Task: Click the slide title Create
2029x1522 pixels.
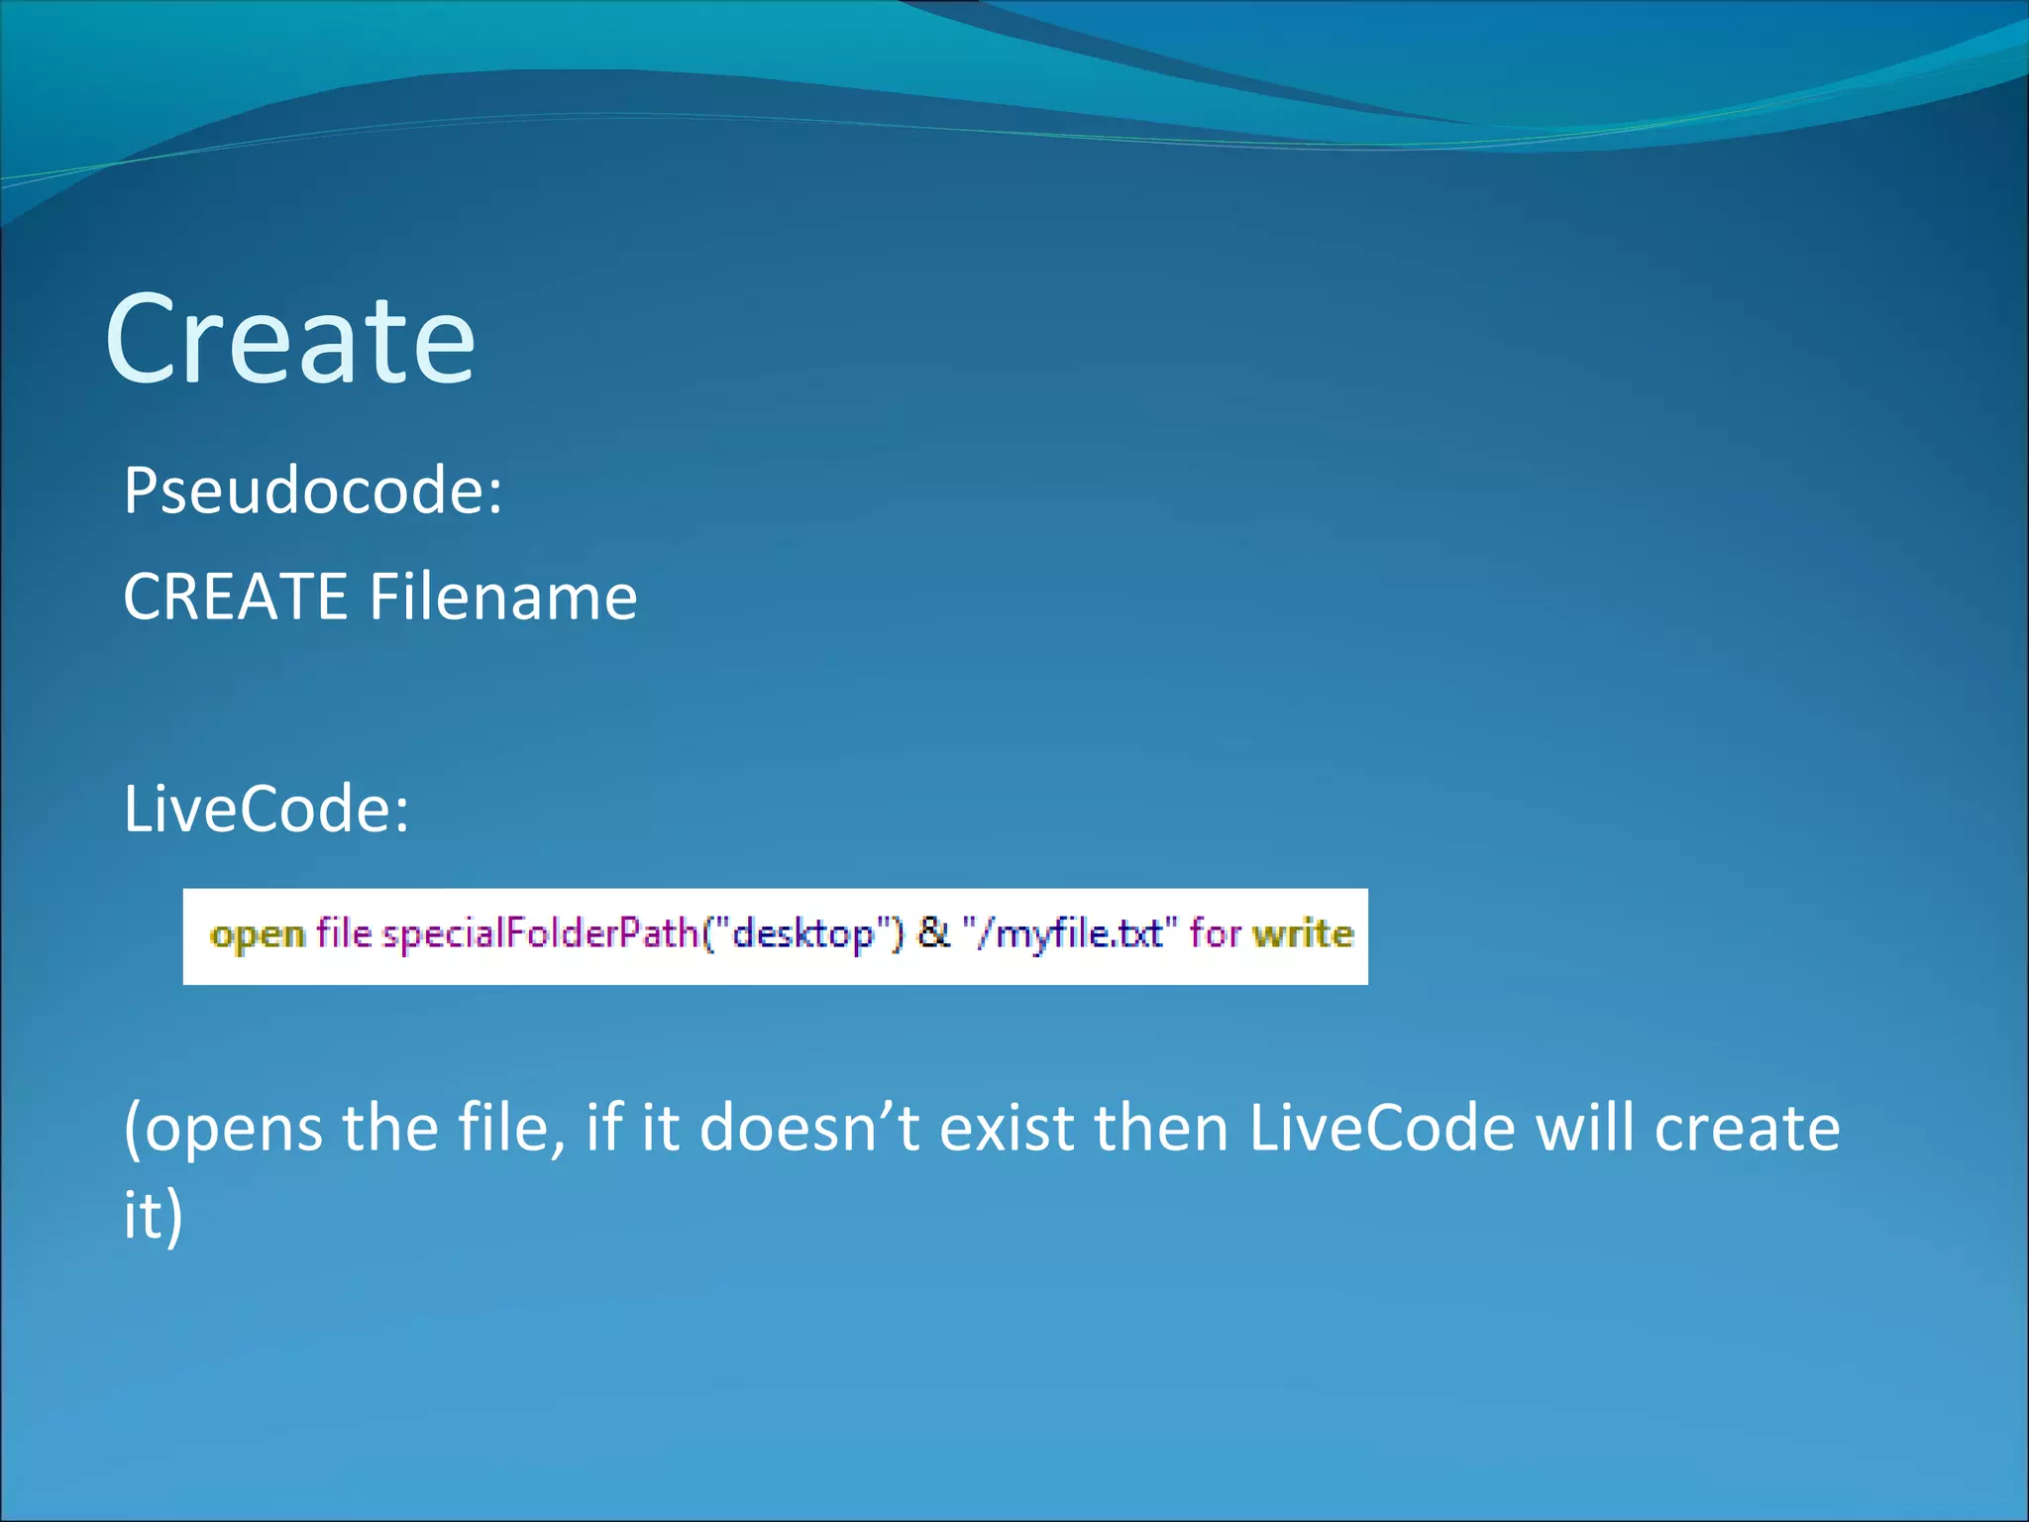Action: click(x=290, y=339)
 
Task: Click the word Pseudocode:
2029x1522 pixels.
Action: click(x=313, y=490)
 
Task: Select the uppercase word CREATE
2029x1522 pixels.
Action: click(x=235, y=597)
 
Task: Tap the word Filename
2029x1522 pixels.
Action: click(x=503, y=597)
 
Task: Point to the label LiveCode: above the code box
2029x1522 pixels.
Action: click(x=266, y=809)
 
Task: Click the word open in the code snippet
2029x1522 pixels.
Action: click(x=258, y=934)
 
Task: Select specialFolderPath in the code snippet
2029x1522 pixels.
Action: click(x=541, y=934)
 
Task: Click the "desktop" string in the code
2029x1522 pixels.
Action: click(x=803, y=934)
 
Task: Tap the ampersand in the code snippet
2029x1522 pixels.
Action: click(x=932, y=933)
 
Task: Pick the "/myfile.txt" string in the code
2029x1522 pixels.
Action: click(x=1069, y=934)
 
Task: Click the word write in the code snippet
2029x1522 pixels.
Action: click(x=1302, y=934)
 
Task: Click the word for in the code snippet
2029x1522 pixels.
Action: click(x=1215, y=934)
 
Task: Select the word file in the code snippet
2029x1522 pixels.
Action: click(x=343, y=934)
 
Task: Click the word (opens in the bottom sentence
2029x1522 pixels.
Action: click(x=223, y=1129)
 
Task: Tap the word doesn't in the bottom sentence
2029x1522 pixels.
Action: click(x=809, y=1129)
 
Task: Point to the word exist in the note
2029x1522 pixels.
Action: click(x=1006, y=1129)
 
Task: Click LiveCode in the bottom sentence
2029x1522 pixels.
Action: click(x=1382, y=1129)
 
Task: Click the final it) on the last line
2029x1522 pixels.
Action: click(x=153, y=1216)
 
